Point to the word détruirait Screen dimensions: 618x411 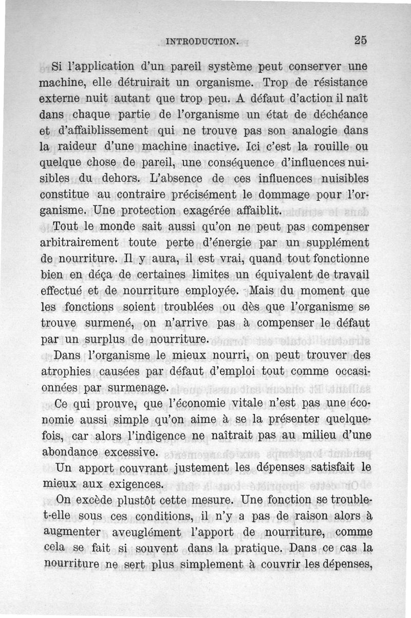pyautogui.click(x=132, y=82)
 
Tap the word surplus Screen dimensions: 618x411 pyautogui.click(x=108, y=339)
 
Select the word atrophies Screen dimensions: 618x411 pyautogui.click(x=66, y=371)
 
